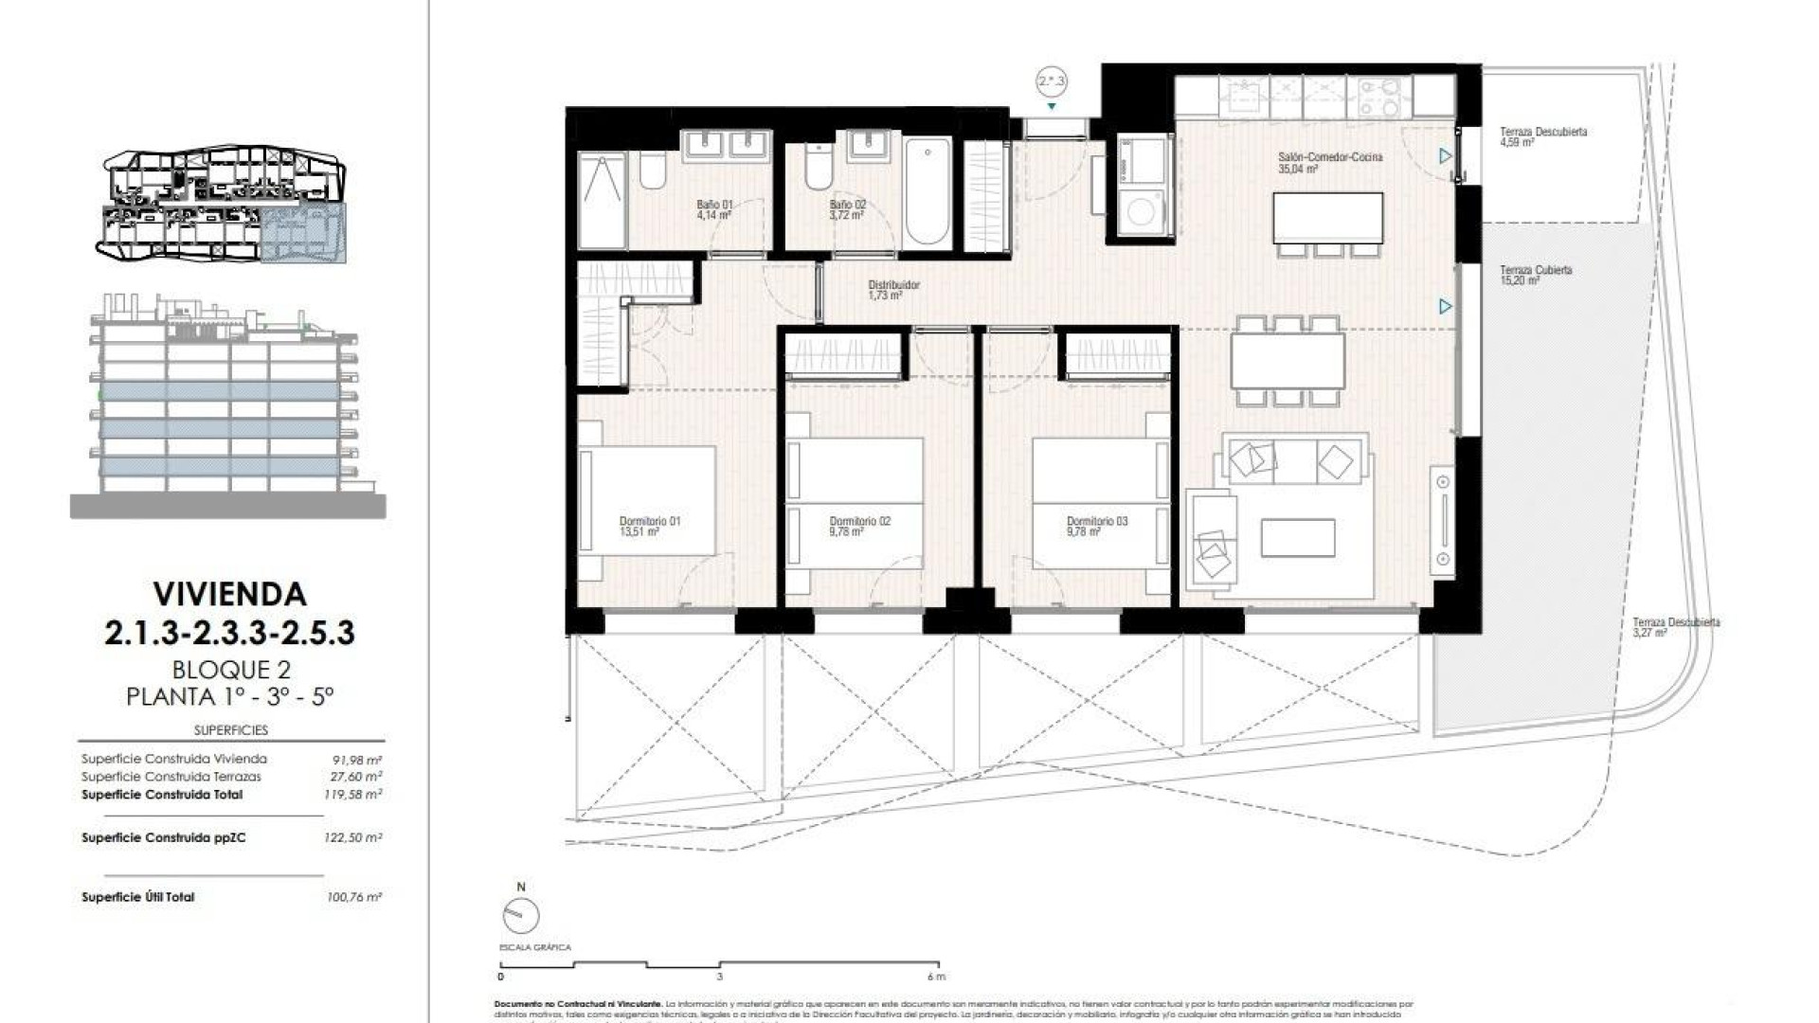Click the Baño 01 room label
pos(714,209)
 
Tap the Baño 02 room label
pos(847,209)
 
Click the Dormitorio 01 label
pos(649,526)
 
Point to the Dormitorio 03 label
pos(1096,526)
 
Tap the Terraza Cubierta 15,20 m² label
pos(1535,275)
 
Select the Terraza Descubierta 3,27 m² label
pos(1675,627)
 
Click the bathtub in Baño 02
pos(928,192)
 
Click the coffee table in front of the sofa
pos(1297,538)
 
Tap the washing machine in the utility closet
pos(1141,213)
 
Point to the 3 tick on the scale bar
pos(719,976)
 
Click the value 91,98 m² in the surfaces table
pos(352,760)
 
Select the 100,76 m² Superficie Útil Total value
pos(352,897)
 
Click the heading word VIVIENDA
pos(229,595)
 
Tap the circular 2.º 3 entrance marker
pos(1052,82)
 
